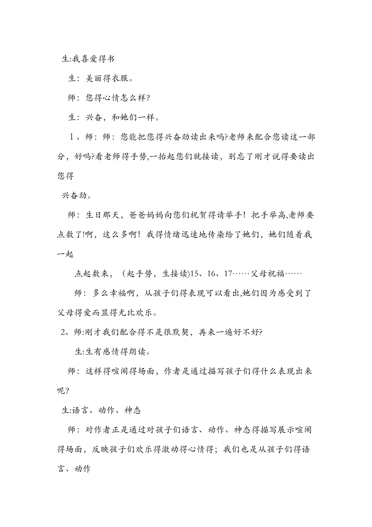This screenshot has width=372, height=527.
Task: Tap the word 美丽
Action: [x=94, y=78]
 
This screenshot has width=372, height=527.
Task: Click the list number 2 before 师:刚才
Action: [x=63, y=332]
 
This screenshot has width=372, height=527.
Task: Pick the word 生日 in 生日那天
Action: [x=94, y=215]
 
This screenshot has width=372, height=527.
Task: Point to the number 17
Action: [x=228, y=274]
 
